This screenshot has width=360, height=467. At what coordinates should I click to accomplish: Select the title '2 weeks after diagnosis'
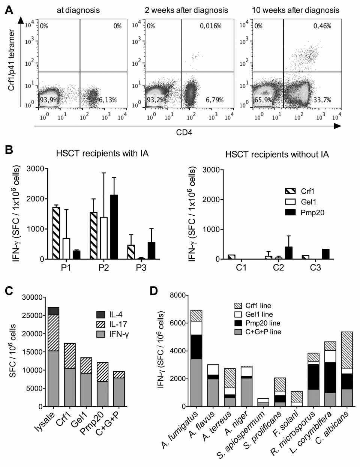[186, 10]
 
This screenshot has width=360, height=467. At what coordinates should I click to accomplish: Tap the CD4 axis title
[184, 132]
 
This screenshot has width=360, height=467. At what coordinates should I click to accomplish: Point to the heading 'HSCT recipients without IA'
[277, 154]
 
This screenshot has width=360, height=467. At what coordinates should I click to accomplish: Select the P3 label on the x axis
[141, 268]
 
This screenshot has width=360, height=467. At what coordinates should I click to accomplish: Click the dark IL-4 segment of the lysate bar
[53, 311]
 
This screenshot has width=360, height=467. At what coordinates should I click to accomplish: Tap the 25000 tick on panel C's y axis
[32, 315]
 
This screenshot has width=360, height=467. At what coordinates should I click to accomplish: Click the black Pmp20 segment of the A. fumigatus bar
[196, 347]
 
